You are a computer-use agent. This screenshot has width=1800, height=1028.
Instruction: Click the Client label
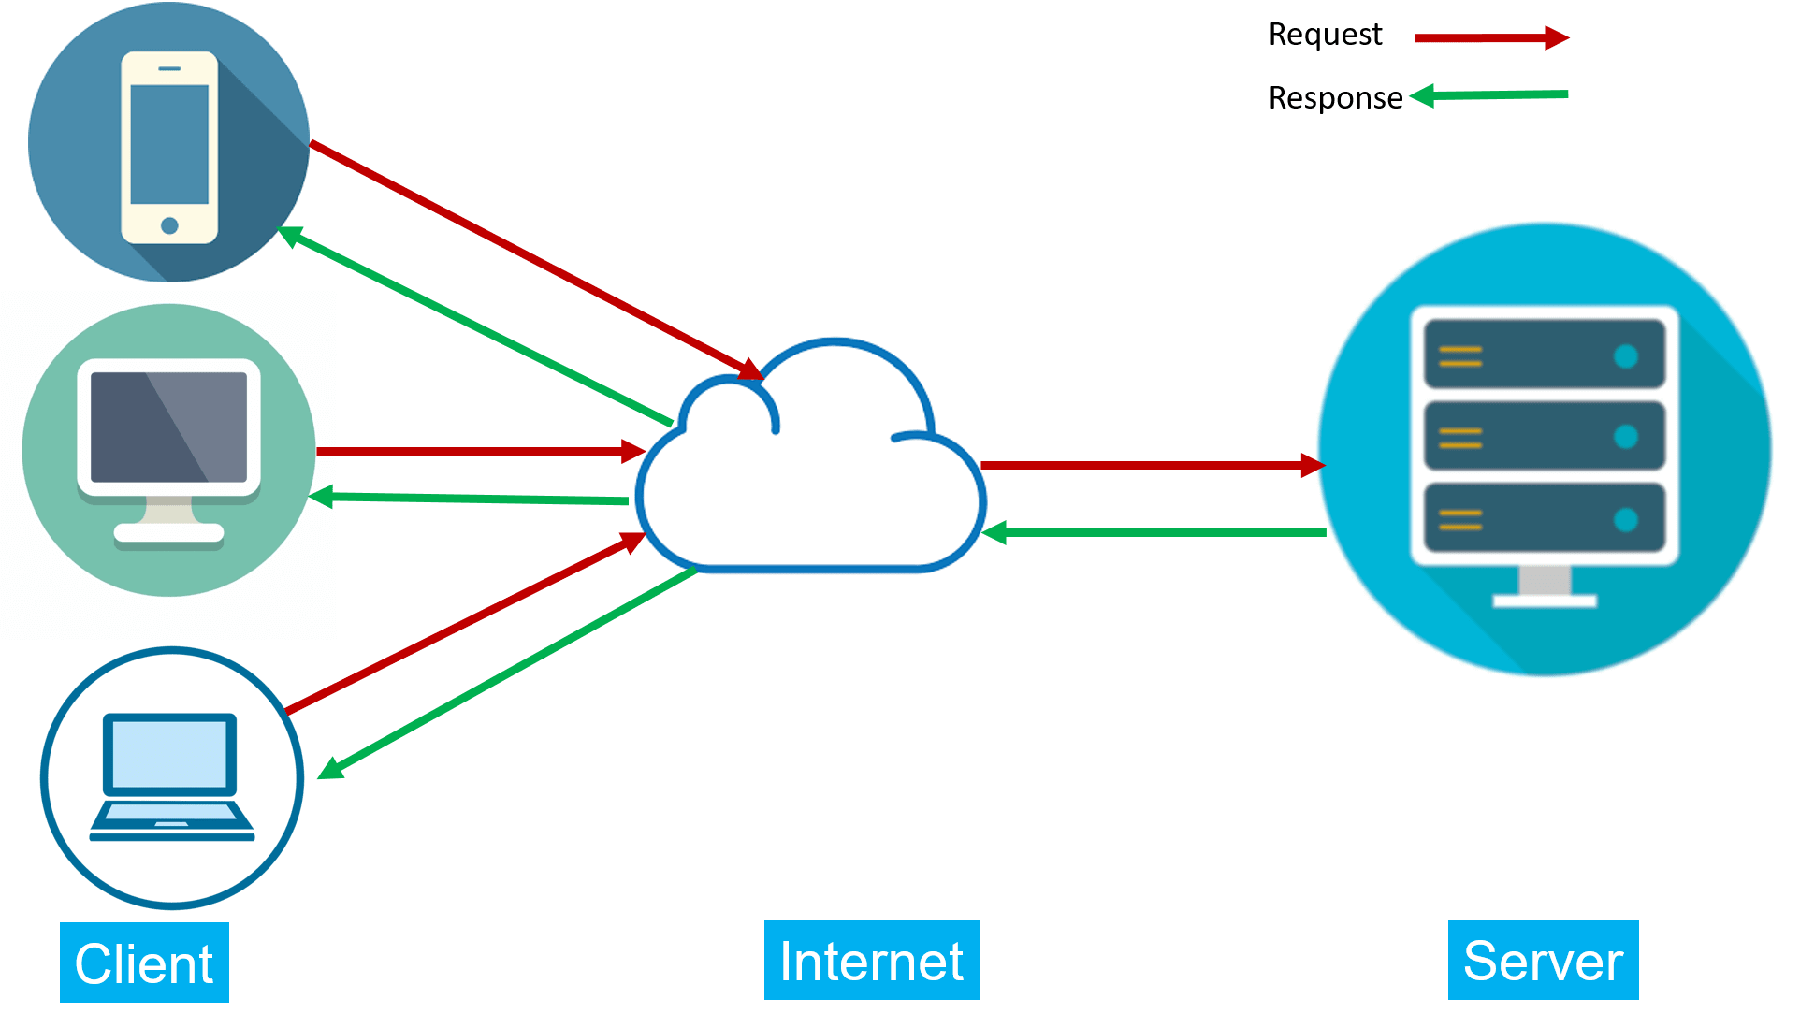[144, 963]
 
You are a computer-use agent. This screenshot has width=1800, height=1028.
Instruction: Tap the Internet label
[871, 961]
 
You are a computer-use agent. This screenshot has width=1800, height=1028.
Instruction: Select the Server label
[1543, 961]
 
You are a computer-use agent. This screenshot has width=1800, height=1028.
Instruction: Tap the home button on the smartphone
[169, 225]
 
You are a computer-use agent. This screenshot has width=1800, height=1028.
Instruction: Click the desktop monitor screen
[168, 427]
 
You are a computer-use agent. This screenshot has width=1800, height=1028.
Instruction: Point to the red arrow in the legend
[1491, 37]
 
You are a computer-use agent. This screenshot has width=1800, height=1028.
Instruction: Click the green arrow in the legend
[1491, 94]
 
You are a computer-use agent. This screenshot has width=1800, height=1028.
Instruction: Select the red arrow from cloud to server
[1151, 465]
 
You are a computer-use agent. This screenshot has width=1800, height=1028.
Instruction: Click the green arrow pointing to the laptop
[505, 673]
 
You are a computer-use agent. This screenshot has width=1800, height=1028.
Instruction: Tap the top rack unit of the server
[1544, 355]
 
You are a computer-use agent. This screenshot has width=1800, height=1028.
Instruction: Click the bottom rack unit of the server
[1544, 518]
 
